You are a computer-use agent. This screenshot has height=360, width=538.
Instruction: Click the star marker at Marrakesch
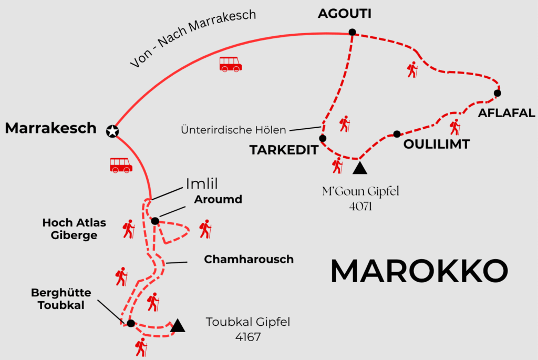(111, 131)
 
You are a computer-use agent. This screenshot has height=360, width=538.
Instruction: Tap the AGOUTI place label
(345, 14)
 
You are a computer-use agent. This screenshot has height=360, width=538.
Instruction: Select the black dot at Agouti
(352, 32)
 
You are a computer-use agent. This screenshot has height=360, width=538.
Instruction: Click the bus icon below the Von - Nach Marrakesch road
(230, 64)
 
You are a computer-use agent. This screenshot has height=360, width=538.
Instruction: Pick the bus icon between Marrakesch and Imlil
(121, 165)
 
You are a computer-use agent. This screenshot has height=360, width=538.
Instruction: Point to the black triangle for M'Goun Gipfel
(359, 168)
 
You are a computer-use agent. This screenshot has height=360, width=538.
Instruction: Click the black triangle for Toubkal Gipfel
(178, 326)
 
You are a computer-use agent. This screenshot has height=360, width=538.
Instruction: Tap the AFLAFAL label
(506, 112)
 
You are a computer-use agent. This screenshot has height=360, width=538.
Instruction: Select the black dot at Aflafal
(498, 94)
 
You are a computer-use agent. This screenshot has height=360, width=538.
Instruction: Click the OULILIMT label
(436, 145)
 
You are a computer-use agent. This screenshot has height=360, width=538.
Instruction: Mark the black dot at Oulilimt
(397, 134)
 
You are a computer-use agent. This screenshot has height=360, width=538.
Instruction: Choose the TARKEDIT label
(284, 150)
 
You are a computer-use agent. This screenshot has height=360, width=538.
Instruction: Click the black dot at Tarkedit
(323, 138)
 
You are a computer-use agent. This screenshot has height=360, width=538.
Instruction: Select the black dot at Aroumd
(155, 221)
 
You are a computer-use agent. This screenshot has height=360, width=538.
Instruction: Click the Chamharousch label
(249, 259)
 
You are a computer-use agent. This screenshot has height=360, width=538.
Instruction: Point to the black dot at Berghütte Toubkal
(131, 323)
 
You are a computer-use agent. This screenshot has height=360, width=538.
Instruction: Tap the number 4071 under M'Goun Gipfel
(360, 206)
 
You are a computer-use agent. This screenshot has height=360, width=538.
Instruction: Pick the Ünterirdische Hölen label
(233, 129)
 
